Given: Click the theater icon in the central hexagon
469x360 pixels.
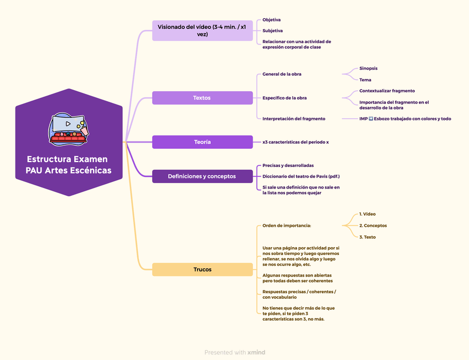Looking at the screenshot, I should (x=68, y=129).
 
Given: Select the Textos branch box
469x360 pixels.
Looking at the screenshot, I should (x=202, y=98).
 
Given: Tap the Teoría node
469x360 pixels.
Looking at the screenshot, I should (x=202, y=142).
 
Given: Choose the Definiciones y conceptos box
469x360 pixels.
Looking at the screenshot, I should (x=202, y=176).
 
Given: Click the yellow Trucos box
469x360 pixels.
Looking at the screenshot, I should (x=202, y=269).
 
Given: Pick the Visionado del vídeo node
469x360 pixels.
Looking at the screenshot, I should (x=202, y=30).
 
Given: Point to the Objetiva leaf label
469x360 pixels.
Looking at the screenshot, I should (x=272, y=20).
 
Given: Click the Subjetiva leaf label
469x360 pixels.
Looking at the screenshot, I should (x=273, y=31).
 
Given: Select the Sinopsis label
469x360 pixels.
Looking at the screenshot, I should (x=368, y=69).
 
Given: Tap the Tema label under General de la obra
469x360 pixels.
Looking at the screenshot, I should (x=365, y=80).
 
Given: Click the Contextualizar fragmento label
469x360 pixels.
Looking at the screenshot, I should (x=387, y=91).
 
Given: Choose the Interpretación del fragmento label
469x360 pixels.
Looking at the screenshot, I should (x=294, y=118).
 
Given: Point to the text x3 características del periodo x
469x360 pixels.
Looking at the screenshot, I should (x=295, y=142).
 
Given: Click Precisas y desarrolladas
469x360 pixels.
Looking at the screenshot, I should (x=288, y=165).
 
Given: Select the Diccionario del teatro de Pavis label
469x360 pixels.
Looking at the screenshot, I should (x=301, y=176).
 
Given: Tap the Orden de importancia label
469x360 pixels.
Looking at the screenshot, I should (x=286, y=226).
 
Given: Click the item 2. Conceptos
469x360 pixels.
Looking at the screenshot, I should (x=373, y=226).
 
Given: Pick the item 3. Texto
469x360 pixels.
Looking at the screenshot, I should (x=367, y=237).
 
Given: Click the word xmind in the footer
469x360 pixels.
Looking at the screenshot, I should (x=256, y=352).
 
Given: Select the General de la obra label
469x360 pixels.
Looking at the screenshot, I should (x=282, y=74).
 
